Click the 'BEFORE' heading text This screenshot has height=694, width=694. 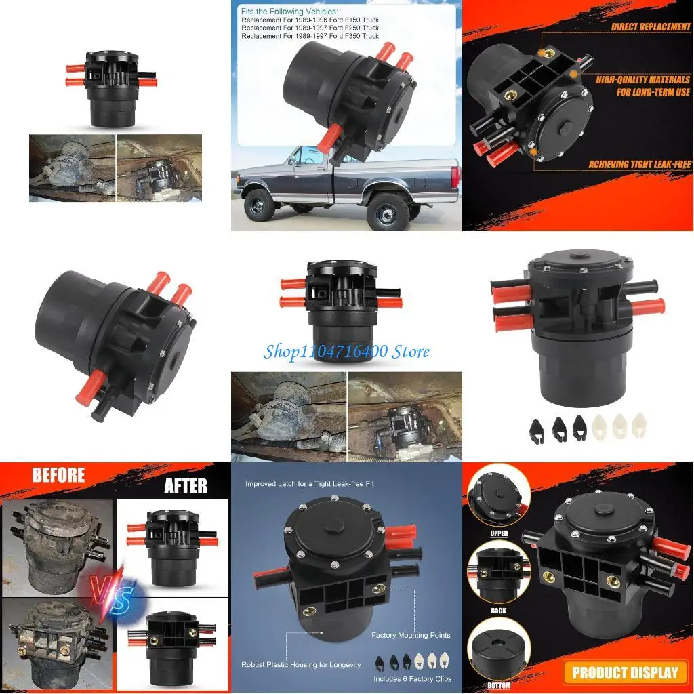point(58,474)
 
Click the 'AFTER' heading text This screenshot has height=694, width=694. point(186,485)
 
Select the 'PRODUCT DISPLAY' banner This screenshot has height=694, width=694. point(625,672)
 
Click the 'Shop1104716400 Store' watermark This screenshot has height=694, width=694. point(347,351)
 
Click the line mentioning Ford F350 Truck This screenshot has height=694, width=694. point(310,36)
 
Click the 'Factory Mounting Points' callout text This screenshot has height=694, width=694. point(411,636)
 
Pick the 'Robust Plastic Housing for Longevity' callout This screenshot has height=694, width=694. point(301,665)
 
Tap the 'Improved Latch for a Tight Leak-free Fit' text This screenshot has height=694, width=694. point(310,484)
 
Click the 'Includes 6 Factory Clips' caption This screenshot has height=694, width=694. point(412,678)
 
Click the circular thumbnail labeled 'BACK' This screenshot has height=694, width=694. point(498,576)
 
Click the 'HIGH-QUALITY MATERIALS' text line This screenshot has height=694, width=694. point(643,79)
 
